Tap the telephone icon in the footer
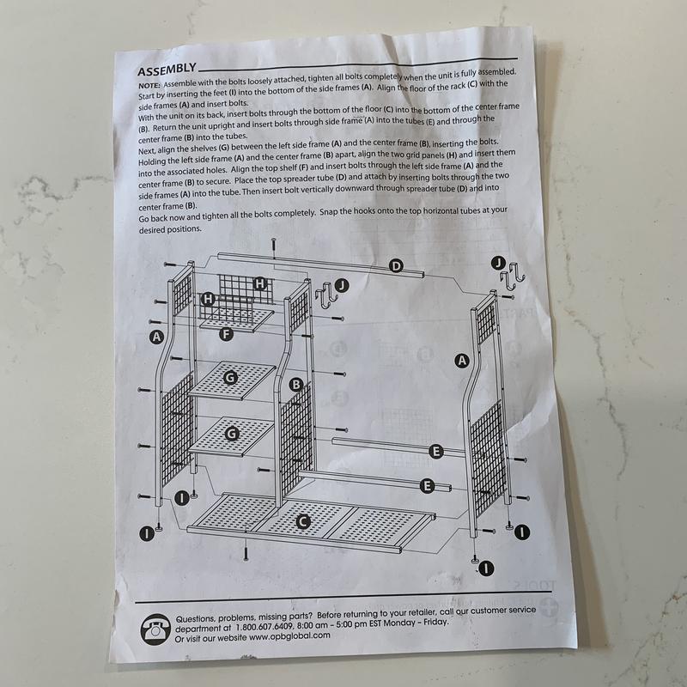tap(154, 629)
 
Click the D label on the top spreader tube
tap(396, 266)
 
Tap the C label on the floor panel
tap(302, 520)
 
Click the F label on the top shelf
tap(226, 333)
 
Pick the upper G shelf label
tap(230, 377)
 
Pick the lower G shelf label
tap(230, 435)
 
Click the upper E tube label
tap(435, 451)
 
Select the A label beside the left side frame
tap(156, 337)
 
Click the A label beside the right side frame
tap(462, 361)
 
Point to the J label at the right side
tap(498, 262)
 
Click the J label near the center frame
tap(342, 285)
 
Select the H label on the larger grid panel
tap(259, 283)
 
